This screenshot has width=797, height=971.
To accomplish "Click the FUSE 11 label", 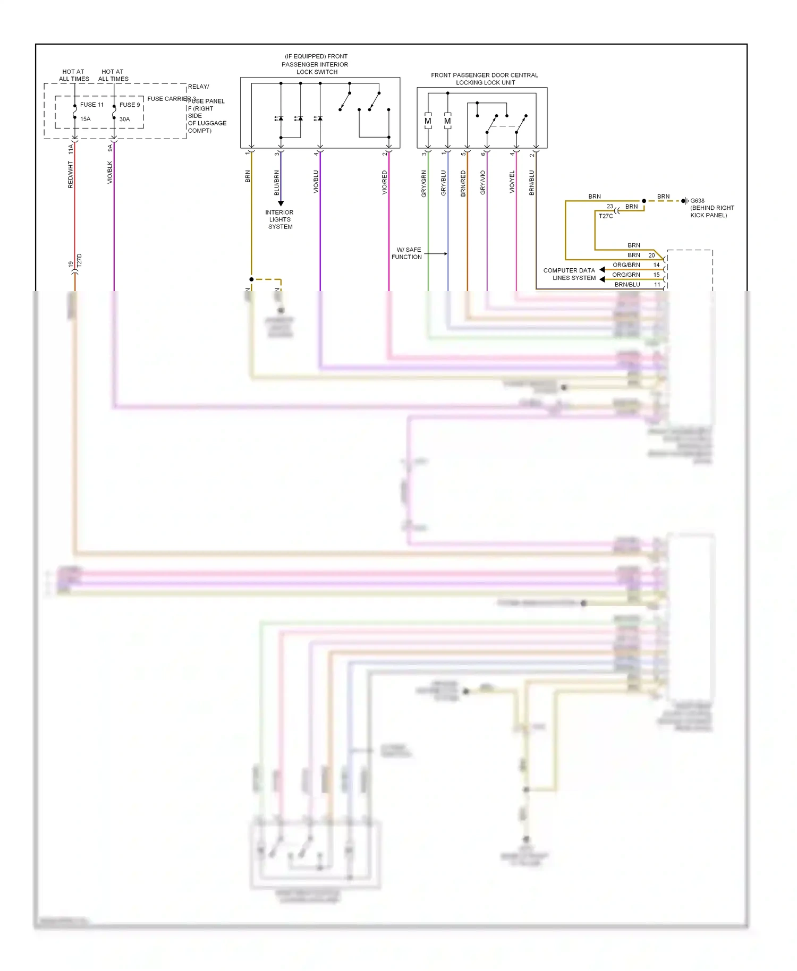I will (92, 105).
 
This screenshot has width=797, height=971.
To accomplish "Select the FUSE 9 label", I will (130, 105).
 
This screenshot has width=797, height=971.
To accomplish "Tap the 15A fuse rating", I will (86, 119).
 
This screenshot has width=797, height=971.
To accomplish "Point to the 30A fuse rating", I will (124, 119).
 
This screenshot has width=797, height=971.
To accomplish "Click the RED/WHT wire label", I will (71, 175).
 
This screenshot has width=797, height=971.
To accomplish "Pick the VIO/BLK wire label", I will (110, 173).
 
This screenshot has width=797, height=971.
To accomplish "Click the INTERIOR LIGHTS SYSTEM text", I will (279, 219).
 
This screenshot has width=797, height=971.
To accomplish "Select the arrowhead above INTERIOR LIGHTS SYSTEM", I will (281, 203).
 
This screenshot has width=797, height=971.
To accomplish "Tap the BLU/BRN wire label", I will (276, 183).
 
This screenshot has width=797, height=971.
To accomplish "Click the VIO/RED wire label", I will (384, 182).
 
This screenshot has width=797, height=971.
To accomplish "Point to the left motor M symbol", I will (428, 121).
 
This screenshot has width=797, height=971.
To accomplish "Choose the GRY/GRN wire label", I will (423, 184).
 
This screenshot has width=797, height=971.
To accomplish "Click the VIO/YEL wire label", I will (512, 182).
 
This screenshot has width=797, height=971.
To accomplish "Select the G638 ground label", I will (697, 201).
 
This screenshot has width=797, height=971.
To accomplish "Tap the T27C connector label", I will (606, 216).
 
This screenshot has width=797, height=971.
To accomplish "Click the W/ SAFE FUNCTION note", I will (407, 253).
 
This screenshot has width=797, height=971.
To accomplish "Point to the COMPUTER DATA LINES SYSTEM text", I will (570, 274).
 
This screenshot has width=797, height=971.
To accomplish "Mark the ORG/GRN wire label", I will (626, 275).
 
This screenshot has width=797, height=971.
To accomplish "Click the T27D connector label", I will (80, 260).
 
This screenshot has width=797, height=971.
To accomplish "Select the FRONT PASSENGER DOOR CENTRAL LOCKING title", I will (485, 79).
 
